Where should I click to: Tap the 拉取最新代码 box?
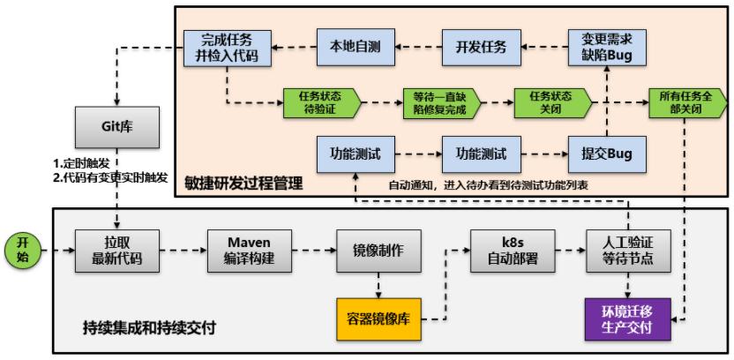pos(117,250)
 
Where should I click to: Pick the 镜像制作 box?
pos(378,250)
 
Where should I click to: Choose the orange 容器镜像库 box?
pos(378,319)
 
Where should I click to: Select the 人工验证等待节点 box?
pos(628,250)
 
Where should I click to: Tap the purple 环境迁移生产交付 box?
pos(628,319)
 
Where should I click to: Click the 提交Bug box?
pos(607,154)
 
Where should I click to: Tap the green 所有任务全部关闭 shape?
pos(686,102)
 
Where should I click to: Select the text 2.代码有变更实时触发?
pos(109,177)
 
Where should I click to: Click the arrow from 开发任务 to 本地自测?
pos(417,48)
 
